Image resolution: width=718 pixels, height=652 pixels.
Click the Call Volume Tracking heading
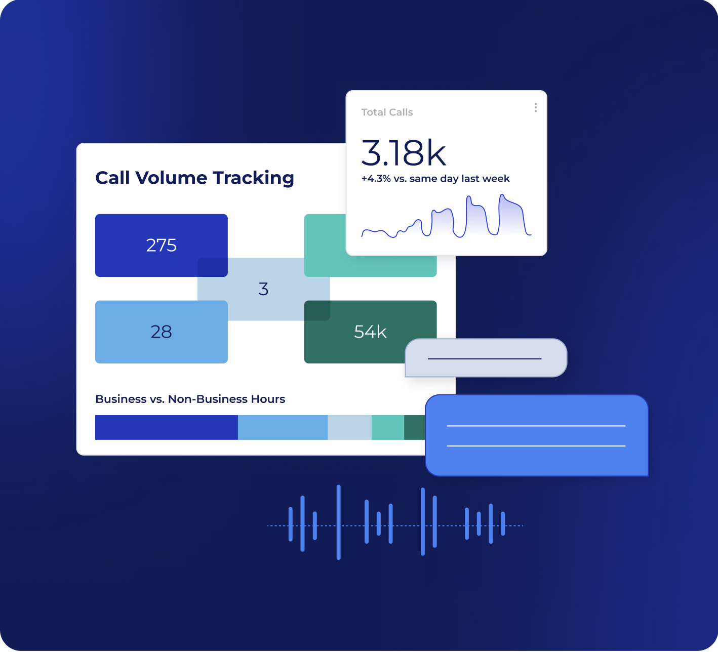(194, 178)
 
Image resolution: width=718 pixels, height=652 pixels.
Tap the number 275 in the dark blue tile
(161, 246)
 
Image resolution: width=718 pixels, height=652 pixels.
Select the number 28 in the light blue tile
(161, 332)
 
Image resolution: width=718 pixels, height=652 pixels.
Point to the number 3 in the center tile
(263, 289)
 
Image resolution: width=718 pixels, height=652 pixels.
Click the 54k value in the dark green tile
(370, 332)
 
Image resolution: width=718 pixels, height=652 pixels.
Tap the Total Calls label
(387, 112)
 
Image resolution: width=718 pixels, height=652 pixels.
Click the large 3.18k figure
(404, 153)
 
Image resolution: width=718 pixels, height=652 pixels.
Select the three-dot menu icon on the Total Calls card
(535, 108)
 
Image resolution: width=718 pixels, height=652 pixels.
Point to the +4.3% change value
(376, 179)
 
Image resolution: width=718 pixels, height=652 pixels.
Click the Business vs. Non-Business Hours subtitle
(190, 399)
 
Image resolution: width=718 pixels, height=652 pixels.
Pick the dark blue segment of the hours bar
(166, 428)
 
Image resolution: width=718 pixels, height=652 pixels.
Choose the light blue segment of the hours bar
(283, 428)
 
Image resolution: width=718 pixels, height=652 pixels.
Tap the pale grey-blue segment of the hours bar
(349, 428)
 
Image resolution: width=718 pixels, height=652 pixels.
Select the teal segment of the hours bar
(387, 428)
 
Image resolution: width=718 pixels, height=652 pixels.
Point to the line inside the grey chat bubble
(485, 359)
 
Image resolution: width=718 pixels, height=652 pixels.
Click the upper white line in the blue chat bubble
(536, 426)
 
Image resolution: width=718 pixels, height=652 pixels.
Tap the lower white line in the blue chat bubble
(536, 446)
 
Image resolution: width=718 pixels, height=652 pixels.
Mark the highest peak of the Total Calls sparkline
(502, 195)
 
